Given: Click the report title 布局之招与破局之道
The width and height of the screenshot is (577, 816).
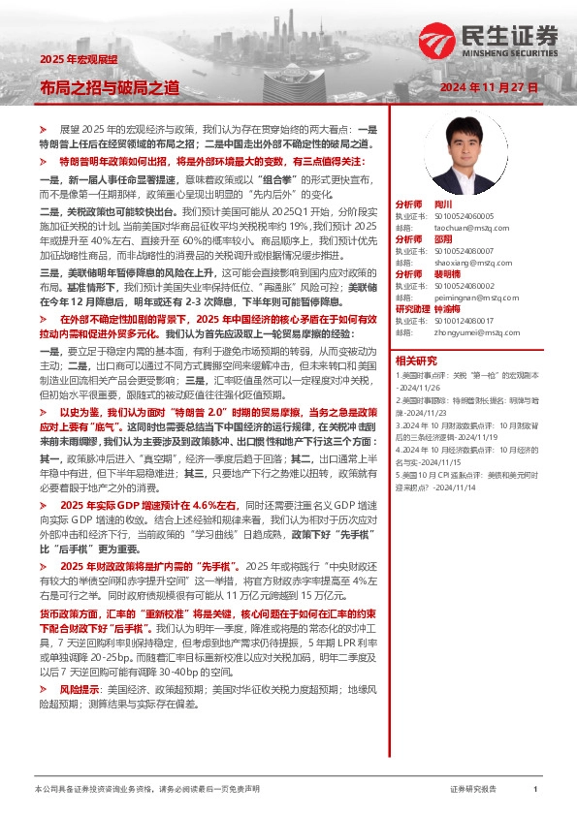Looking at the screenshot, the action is pos(109,87).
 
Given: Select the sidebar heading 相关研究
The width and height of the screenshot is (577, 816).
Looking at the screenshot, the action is pos(416,361).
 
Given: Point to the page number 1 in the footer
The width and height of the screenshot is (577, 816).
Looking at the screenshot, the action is pos(535,791).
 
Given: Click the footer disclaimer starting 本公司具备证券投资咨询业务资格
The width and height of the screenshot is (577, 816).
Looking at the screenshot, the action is pos(145,791).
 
